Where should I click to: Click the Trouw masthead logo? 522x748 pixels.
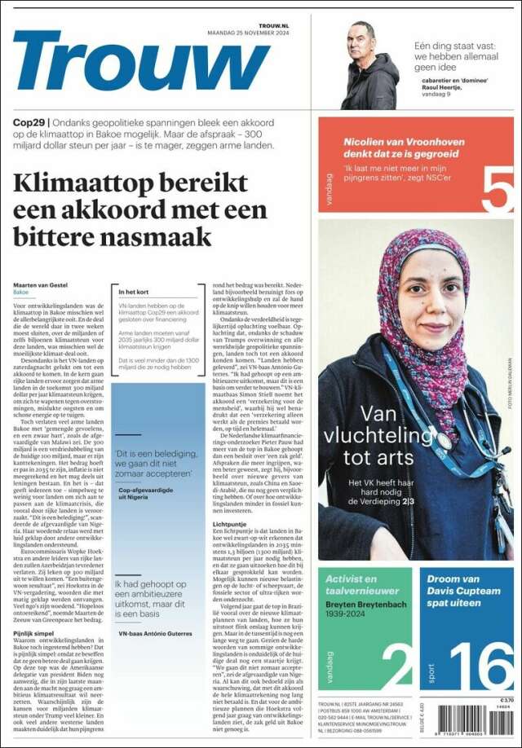(x=140, y=61)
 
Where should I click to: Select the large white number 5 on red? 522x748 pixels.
(x=497, y=188)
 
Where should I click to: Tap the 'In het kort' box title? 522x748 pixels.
(x=135, y=292)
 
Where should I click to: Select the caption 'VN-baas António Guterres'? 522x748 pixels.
(x=156, y=633)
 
